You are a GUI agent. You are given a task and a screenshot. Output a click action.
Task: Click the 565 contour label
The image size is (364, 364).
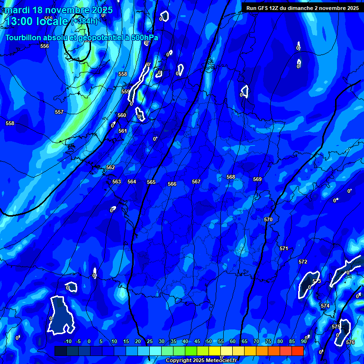[x=151, y=182]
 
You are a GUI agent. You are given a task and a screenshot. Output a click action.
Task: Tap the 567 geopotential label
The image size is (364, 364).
[x=196, y=182]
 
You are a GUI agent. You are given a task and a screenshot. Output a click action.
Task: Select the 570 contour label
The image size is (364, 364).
[x=268, y=219]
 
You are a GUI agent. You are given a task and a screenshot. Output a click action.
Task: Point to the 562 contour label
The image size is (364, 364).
[x=110, y=167]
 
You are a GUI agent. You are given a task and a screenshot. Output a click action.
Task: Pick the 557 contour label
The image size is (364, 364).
[x=59, y=112]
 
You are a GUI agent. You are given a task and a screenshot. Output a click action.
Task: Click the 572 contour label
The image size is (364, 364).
[x=303, y=262]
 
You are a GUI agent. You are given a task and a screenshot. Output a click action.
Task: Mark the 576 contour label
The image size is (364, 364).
[x=350, y=342]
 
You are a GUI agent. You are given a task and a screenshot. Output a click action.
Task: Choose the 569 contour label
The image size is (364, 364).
[x=257, y=179]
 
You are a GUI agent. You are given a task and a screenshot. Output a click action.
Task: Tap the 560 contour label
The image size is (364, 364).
[x=122, y=115]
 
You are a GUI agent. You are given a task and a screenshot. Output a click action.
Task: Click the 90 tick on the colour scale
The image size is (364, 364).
[x=303, y=341]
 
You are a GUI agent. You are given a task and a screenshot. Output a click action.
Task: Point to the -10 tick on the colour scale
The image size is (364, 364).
[x=68, y=341]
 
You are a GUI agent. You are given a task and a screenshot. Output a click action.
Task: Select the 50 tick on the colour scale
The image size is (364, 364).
[x=209, y=341]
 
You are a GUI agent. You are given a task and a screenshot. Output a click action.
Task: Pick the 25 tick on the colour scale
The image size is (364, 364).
[x=150, y=341]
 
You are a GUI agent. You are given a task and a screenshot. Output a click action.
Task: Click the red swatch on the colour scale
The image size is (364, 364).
[x=297, y=351]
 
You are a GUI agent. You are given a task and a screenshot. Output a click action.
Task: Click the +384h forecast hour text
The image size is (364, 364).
[x=84, y=21]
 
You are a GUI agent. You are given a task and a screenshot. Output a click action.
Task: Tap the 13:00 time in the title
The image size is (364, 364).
[x=19, y=21]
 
